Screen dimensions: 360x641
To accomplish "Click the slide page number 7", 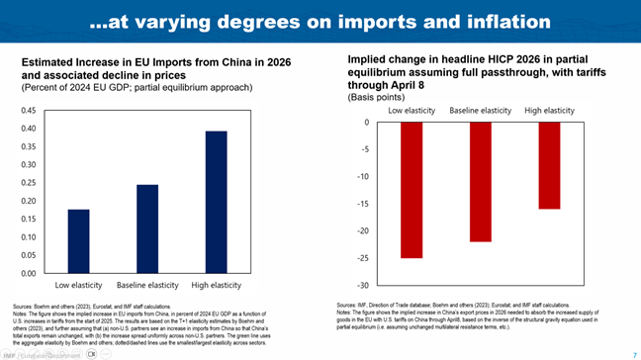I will [x=633, y=353].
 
